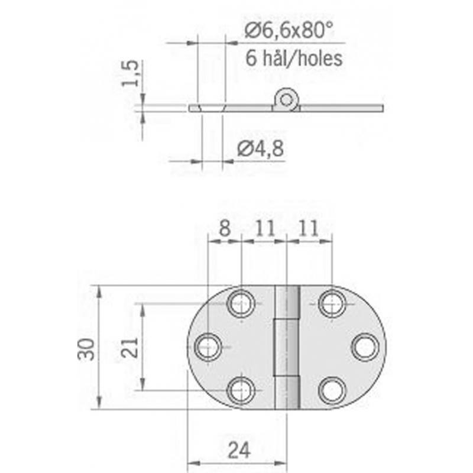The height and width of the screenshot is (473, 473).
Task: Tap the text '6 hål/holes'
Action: [x=293, y=58]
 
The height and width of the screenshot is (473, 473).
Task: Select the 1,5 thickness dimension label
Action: [x=131, y=73]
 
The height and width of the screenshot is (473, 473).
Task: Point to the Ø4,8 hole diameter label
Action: [x=260, y=149]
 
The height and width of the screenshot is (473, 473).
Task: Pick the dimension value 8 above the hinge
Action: [x=225, y=229]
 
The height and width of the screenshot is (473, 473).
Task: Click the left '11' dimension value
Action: [x=264, y=229]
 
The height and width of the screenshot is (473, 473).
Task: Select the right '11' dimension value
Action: [x=308, y=229]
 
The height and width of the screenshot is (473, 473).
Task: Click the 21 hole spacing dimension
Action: [x=131, y=348]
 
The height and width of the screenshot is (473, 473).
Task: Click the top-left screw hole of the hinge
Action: [x=241, y=304]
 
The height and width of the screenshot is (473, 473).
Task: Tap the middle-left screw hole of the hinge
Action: [x=208, y=347]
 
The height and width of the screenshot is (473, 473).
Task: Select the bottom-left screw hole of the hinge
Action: [x=241, y=390]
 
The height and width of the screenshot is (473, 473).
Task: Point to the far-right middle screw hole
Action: [x=365, y=347]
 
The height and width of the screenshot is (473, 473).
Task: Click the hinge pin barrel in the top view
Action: [x=286, y=347]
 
